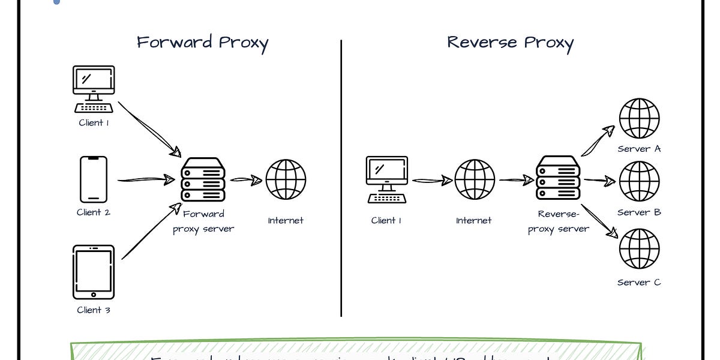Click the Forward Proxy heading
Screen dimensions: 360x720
202,43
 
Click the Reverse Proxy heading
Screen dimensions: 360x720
510,43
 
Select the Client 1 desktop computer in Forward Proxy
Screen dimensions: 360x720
94,89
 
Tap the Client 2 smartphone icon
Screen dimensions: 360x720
94,179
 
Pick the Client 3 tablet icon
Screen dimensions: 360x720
94,272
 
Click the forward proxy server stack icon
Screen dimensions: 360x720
203,179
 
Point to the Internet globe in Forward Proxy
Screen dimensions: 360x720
286,179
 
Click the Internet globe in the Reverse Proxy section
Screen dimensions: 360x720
475,179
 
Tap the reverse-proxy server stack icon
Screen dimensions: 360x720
558,178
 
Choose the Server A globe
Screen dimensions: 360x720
639,118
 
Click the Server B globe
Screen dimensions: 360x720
639,181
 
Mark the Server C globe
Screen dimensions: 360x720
639,249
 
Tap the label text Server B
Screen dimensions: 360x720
639,212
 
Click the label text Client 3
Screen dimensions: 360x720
94,310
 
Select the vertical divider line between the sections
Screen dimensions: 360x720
341,180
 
